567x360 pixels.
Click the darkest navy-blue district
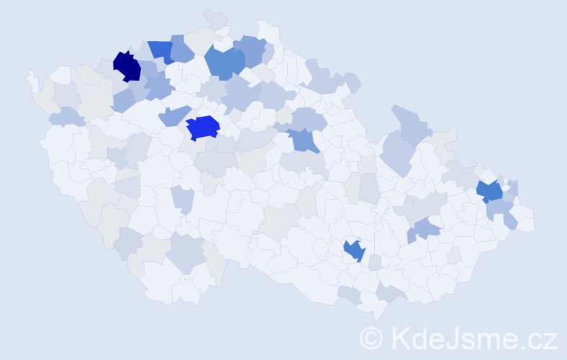(x=127, y=66)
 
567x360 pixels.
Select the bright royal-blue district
(x=202, y=127)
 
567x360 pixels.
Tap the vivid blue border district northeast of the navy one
(x=161, y=50)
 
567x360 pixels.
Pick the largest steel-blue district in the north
(x=224, y=62)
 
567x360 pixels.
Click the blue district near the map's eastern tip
(x=489, y=192)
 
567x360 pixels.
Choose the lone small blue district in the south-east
(x=354, y=250)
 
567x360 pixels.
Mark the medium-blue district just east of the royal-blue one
(x=305, y=140)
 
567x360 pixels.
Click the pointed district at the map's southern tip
(x=375, y=310)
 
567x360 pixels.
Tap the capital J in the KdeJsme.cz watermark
(x=453, y=338)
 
